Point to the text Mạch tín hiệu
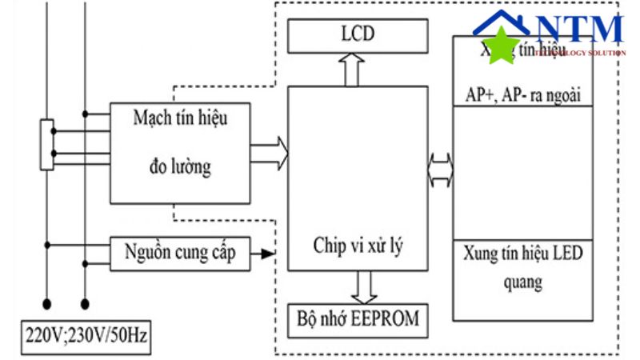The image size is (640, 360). point(181,120)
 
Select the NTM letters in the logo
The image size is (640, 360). point(579,30)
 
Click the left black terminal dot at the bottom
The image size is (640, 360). point(48,304)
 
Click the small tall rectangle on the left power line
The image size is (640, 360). point(47,145)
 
